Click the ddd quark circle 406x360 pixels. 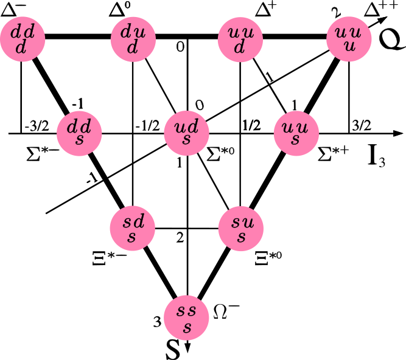[23, 39]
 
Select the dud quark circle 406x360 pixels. [133, 39]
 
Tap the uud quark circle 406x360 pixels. [240, 39]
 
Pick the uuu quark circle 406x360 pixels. [349, 39]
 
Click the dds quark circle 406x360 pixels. [79, 133]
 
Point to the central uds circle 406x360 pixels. [187, 133]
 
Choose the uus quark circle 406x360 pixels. [296, 133]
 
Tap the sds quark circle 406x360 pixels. [133, 229]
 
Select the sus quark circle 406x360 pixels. [241, 229]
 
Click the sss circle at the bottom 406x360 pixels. [187, 317]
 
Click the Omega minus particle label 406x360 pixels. [226, 311]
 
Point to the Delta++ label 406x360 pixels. [380, 9]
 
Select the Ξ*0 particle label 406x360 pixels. [268, 258]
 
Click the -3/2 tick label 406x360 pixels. [37, 126]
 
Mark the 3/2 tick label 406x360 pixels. [362, 126]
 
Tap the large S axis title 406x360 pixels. [173, 350]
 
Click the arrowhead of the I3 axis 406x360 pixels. [398, 133]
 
